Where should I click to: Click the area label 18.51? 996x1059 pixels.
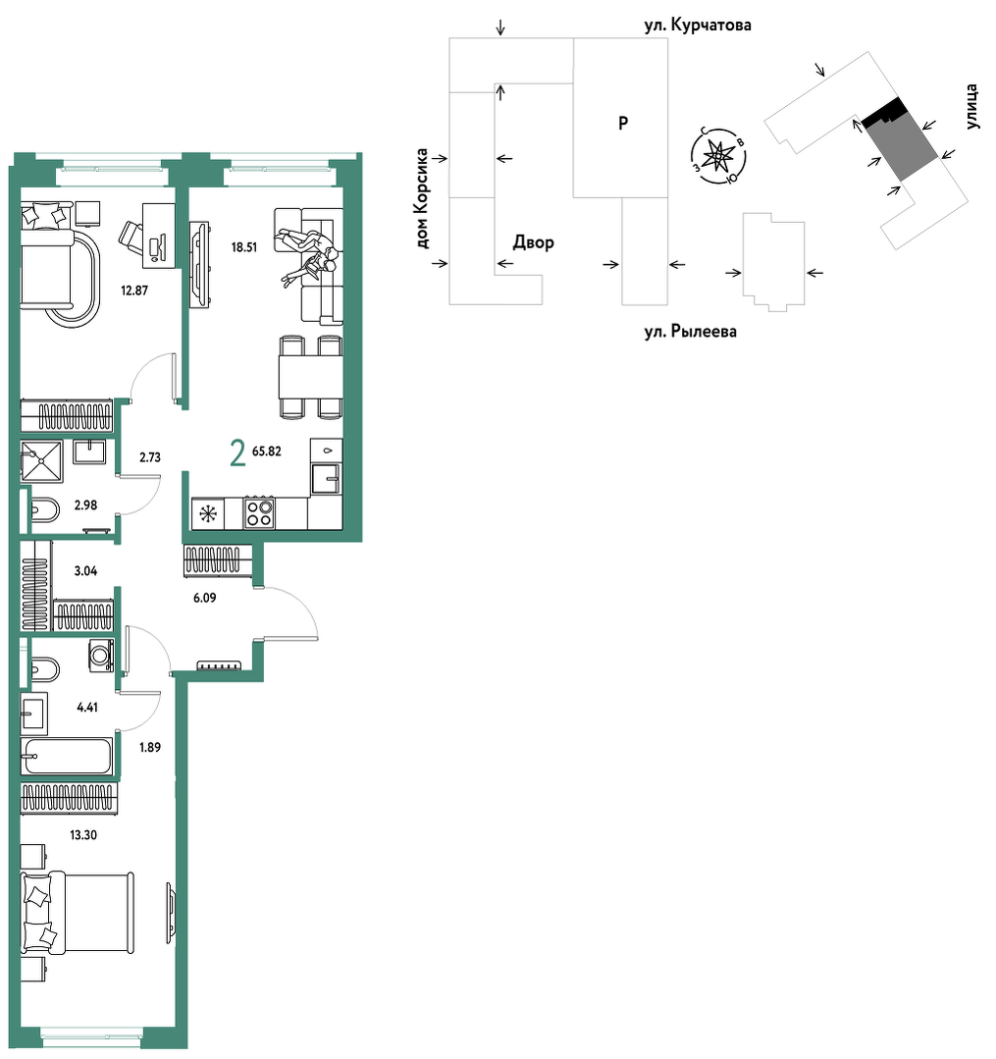tap(243, 247)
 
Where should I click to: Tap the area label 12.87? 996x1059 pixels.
tap(134, 291)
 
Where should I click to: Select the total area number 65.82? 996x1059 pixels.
tap(267, 451)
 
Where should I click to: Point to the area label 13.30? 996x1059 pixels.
tap(83, 835)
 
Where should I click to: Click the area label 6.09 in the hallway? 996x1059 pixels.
tap(205, 598)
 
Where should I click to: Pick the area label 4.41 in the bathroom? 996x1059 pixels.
tap(87, 708)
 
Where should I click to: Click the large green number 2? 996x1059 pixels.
tap(237, 452)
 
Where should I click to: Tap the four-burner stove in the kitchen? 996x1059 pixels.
tap(259, 513)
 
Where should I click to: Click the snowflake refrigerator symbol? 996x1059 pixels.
tap(208, 514)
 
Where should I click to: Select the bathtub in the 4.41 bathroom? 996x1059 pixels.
tap(66, 756)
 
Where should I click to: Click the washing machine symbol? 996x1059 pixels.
tap(101, 655)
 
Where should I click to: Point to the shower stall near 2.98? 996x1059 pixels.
tap(42, 461)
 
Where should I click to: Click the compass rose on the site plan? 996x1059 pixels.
tap(718, 156)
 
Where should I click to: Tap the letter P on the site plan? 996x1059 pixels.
tap(623, 123)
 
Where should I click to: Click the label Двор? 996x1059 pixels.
tap(534, 241)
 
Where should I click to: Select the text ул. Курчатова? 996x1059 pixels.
tap(698, 26)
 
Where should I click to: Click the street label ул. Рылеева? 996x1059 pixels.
tap(690, 332)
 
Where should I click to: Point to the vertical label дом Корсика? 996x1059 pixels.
tap(423, 198)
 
